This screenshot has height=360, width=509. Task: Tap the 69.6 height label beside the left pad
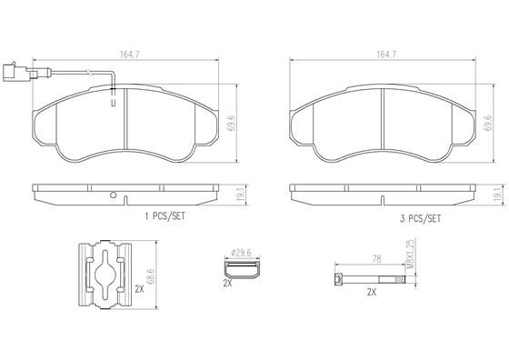pos(231,123)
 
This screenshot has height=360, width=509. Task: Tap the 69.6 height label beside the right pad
pos(488,123)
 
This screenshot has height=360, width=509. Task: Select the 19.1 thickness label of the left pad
pos(241,195)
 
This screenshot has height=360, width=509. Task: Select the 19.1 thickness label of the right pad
pos(497,195)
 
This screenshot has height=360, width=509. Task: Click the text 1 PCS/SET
pos(165,216)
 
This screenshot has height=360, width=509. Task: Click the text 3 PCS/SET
pos(420,219)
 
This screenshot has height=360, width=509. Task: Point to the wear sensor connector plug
pos(15,72)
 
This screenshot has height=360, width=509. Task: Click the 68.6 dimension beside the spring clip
pos(150,276)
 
